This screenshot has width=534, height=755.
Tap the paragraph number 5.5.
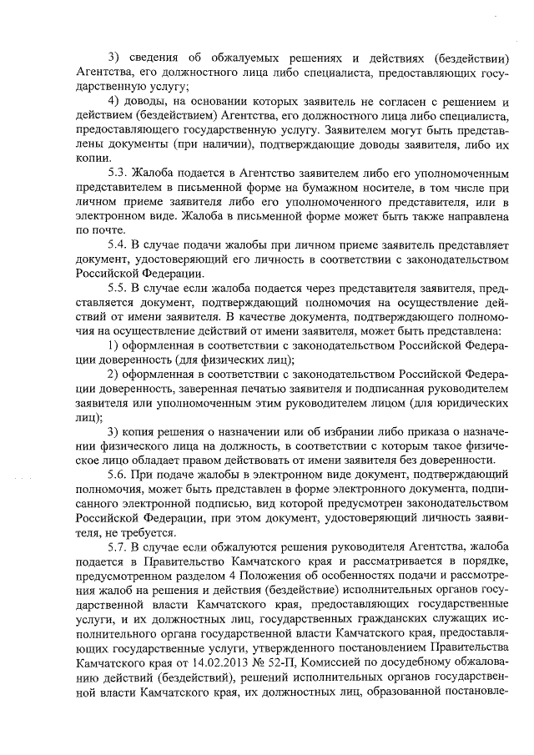119,287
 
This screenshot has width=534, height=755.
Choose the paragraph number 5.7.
119,546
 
